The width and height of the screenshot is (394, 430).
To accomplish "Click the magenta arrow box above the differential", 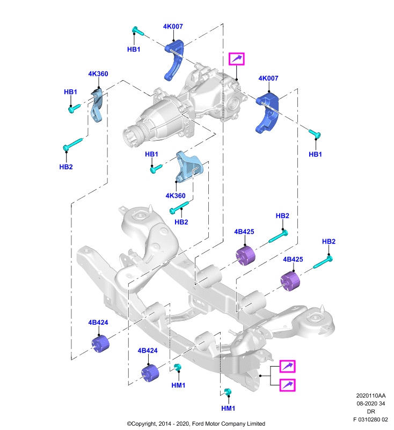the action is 237,59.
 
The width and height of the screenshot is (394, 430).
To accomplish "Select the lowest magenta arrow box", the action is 287,385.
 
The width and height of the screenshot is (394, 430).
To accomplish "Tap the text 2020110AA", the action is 371,396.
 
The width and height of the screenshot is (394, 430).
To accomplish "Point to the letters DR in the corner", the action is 371,412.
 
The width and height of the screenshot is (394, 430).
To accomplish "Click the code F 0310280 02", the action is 370,420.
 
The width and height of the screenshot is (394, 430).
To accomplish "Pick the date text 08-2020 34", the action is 371,404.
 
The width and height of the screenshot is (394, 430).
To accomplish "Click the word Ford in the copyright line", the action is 198,424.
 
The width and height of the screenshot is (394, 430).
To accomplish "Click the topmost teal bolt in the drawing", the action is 138,31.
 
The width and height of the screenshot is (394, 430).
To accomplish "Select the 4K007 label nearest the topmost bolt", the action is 173,26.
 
